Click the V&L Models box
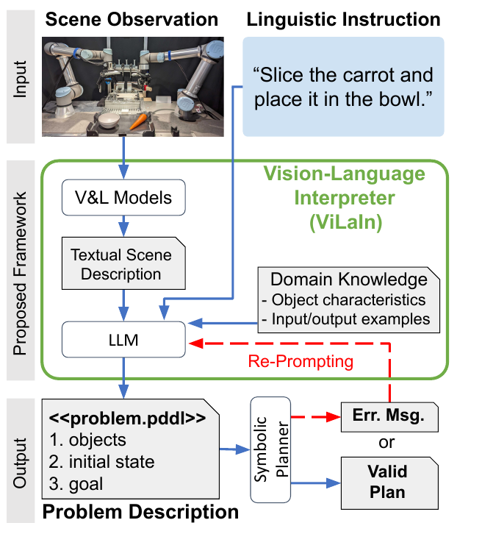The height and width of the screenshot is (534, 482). click(x=123, y=198)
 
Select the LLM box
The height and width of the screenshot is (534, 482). click(x=123, y=340)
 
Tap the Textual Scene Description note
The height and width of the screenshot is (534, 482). click(x=123, y=263)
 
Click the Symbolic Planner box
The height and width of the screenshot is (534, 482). click(x=270, y=449)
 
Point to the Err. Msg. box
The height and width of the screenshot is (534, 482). click(x=389, y=417)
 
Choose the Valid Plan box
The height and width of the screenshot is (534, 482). click(x=389, y=483)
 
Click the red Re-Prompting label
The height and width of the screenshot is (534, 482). click(x=301, y=361)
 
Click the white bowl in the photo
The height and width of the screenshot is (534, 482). click(x=109, y=121)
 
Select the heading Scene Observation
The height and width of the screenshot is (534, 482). click(x=132, y=19)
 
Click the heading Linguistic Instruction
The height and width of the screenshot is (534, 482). click(x=344, y=19)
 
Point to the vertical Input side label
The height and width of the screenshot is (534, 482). click(x=20, y=79)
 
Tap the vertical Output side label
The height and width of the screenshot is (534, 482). click(x=20, y=463)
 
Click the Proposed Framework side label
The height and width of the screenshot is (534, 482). click(x=20, y=274)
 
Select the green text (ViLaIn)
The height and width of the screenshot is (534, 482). click(x=345, y=222)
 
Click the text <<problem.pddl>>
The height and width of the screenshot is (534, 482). click(x=128, y=419)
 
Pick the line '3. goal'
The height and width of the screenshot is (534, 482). click(x=76, y=484)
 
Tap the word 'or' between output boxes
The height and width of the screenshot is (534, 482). click(x=386, y=443)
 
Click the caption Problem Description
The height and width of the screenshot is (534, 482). click(x=140, y=512)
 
